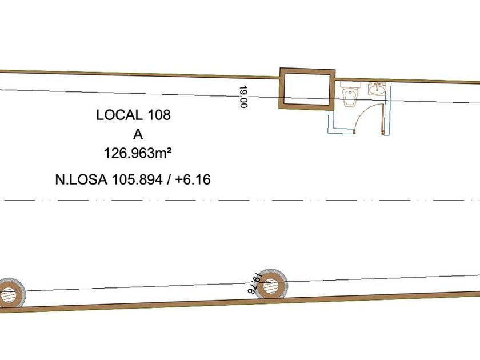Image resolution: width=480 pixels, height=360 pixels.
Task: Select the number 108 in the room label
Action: (x=159, y=115)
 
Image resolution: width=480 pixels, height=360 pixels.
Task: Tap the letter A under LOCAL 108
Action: (x=138, y=134)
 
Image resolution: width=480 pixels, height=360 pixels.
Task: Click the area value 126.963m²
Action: (x=138, y=153)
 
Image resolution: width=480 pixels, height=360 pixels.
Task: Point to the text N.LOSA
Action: (x=81, y=179)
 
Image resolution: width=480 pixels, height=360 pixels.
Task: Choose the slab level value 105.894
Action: (x=137, y=179)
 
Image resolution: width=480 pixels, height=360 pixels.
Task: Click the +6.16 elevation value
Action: (x=193, y=179)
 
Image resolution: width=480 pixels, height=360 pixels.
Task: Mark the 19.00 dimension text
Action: (x=243, y=97)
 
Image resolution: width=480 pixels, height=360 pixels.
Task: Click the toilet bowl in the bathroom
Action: (x=349, y=97)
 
